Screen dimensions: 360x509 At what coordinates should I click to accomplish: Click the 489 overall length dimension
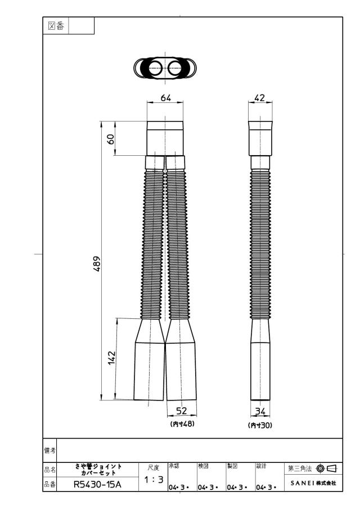click(x=97, y=264)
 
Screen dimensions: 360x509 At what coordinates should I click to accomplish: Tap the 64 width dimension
click(x=165, y=98)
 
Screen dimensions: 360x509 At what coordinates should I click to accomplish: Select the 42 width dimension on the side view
click(x=260, y=97)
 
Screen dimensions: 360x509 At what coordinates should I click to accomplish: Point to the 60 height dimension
click(x=111, y=139)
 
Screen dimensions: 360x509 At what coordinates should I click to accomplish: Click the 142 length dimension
click(x=112, y=358)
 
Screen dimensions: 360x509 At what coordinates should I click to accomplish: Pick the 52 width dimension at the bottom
click(x=182, y=411)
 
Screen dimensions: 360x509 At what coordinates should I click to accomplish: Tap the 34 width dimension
click(x=260, y=412)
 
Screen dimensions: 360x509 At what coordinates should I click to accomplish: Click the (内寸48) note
click(x=182, y=424)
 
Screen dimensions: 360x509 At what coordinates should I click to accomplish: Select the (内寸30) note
click(x=260, y=425)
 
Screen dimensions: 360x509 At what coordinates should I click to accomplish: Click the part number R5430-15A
click(x=97, y=485)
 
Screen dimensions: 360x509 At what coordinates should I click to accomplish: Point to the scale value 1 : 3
click(x=154, y=479)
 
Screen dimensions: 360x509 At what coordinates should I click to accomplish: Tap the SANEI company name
click(x=313, y=483)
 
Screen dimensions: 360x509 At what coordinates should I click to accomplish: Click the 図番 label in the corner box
click(x=56, y=26)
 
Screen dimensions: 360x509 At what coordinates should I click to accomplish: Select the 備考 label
click(x=49, y=451)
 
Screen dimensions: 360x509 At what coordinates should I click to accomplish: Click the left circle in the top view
click(x=155, y=68)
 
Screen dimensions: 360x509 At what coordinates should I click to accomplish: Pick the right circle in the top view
click(x=175, y=68)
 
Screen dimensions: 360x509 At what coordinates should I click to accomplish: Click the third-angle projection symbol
click(x=327, y=469)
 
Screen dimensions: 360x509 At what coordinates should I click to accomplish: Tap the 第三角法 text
click(x=300, y=469)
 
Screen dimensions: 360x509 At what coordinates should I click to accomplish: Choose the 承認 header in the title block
click(x=174, y=466)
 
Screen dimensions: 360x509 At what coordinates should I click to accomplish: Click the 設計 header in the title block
click(x=261, y=466)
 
